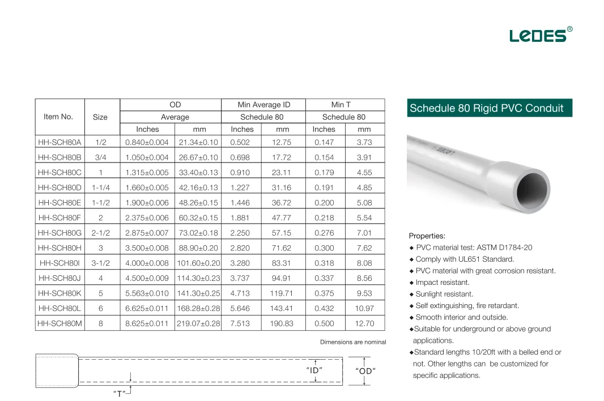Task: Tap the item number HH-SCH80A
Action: coord(59,142)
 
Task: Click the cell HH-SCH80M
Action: coord(59,323)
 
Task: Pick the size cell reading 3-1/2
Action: coord(100,263)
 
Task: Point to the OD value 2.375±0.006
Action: coord(147,217)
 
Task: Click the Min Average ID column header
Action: coord(263,105)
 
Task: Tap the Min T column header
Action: coord(341,105)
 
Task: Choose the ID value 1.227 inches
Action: coord(240,187)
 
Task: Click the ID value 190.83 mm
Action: coord(282,323)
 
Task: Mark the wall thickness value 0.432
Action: coord(324,308)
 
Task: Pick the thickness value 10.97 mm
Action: coord(364,308)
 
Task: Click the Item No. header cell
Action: coord(58,117)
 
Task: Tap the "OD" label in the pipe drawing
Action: coord(365,371)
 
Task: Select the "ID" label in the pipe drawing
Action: coord(314,370)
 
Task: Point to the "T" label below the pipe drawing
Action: coord(119,393)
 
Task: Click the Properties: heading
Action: coord(427,236)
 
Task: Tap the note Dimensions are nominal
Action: coord(352,342)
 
